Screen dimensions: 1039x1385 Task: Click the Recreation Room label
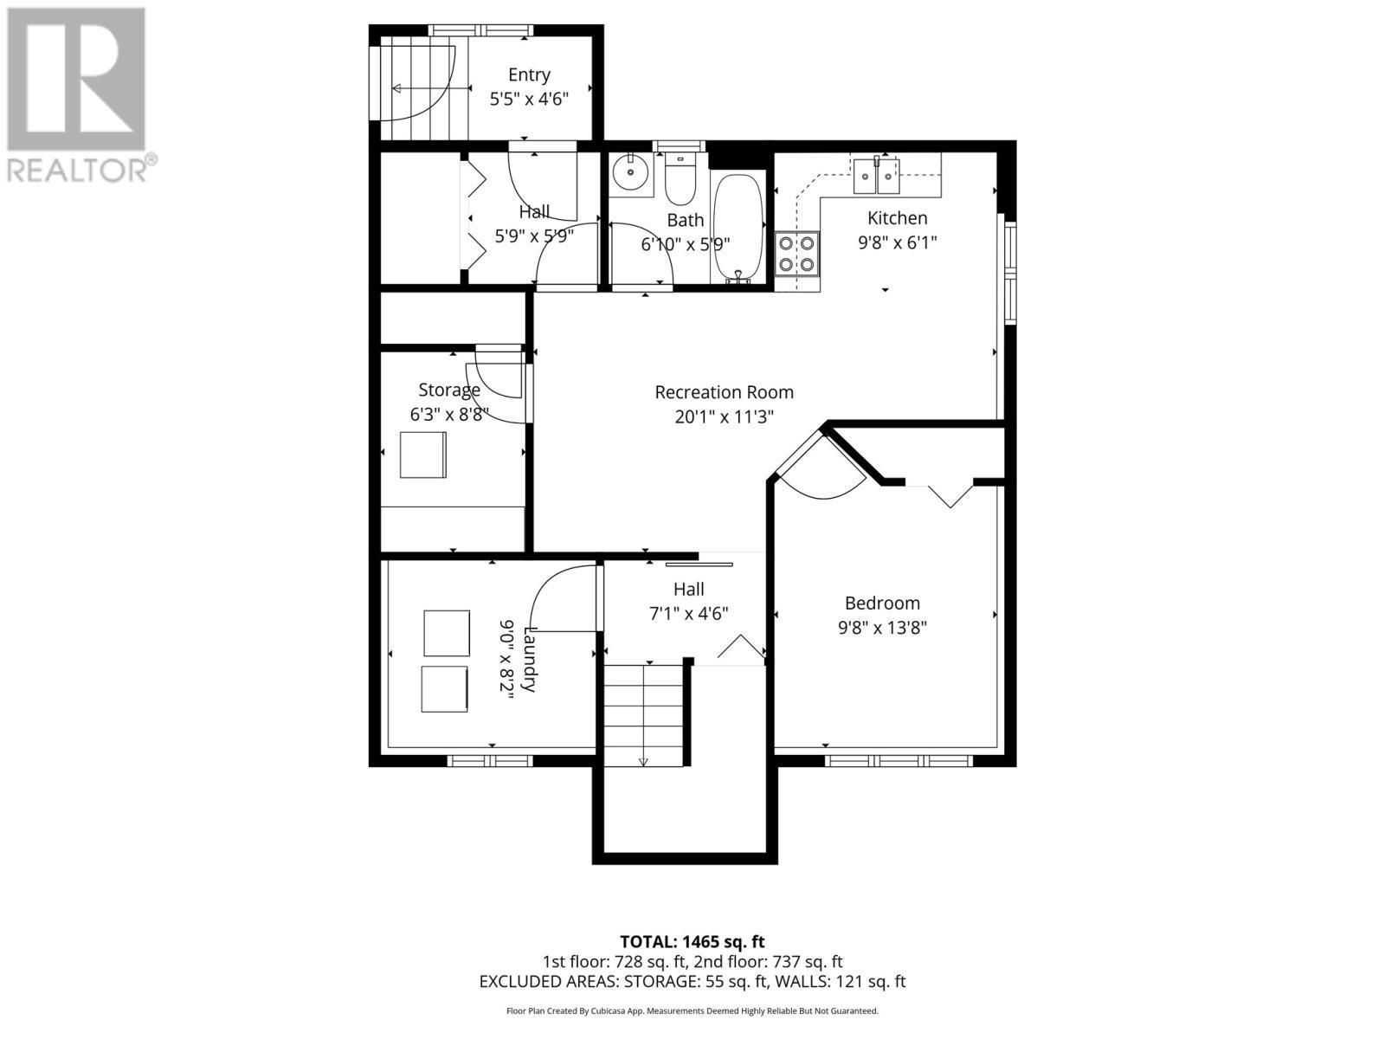coord(724,392)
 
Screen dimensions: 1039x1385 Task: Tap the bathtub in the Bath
coord(738,228)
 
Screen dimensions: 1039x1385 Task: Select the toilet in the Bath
coord(680,180)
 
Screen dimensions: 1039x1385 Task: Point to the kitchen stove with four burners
coord(796,254)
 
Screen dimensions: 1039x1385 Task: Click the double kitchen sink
coord(877,176)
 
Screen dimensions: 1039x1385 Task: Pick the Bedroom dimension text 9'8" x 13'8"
coord(882,628)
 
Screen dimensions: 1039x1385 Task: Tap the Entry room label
coord(529,75)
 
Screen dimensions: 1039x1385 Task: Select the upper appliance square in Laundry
coord(447,633)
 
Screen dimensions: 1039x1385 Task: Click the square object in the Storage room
coord(423,455)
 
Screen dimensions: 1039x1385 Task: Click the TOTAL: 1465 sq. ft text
coord(692,941)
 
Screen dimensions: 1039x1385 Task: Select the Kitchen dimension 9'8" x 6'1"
coord(897,243)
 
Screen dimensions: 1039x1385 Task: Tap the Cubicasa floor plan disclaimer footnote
coord(692,1010)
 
